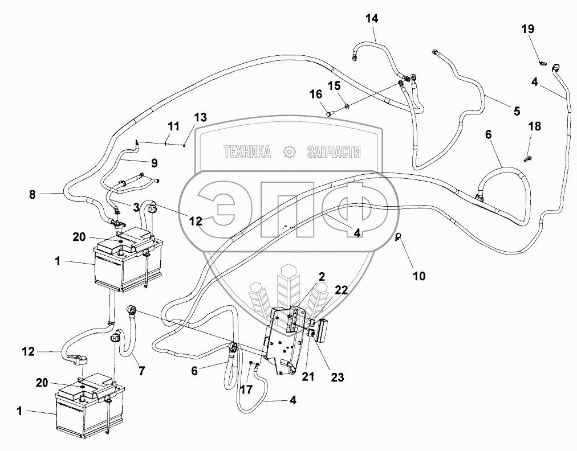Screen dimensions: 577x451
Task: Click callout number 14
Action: click(372, 18)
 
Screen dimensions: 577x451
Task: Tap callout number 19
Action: click(528, 28)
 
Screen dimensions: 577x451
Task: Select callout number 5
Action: click(517, 110)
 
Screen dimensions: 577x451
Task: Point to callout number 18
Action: click(535, 126)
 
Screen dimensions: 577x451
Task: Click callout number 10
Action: click(419, 276)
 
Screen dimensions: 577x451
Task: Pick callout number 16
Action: click(315, 95)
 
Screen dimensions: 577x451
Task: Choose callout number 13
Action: click(201, 118)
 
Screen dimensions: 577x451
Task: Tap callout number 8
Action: click(32, 194)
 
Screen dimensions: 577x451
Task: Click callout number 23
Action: click(338, 377)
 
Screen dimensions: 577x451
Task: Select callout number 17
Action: click(246, 389)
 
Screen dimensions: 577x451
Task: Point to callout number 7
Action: click(141, 371)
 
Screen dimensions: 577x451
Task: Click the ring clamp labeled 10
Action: click(398, 236)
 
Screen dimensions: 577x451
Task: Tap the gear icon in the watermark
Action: click(289, 152)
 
